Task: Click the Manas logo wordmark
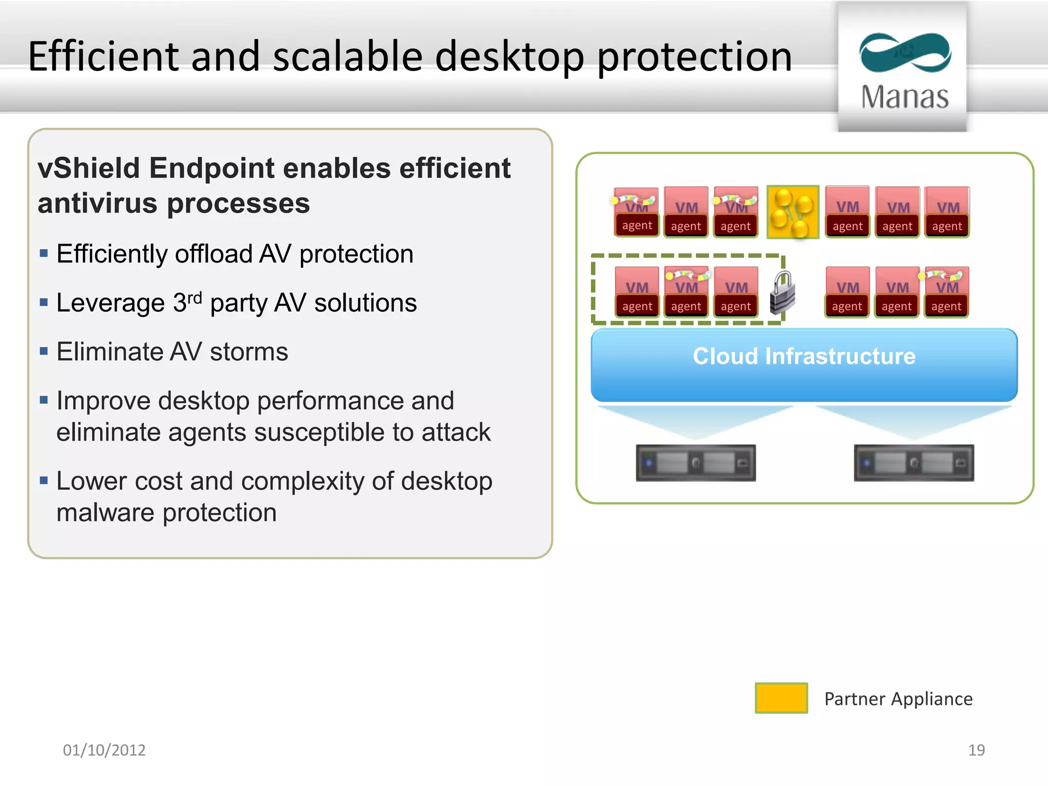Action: tap(904, 97)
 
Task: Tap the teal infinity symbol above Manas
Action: tap(905, 52)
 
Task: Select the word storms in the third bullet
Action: tap(249, 352)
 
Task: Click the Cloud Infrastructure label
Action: tap(804, 356)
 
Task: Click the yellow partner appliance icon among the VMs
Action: tap(792, 212)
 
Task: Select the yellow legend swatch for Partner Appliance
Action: tap(781, 697)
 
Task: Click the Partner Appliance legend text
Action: tap(898, 698)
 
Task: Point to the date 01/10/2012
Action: tap(104, 750)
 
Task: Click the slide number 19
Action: tap(976, 750)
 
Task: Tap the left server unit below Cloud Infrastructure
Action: tap(695, 463)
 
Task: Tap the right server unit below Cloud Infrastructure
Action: tap(913, 463)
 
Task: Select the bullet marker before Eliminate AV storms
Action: tap(43, 351)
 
